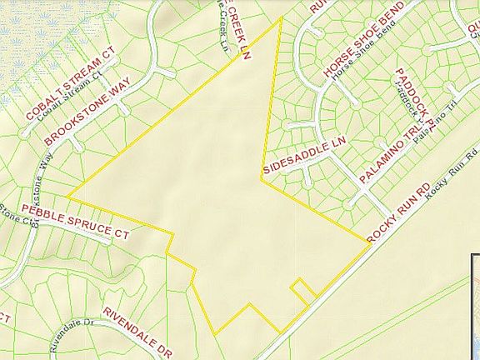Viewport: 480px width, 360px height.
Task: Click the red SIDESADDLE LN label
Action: pos(302,156)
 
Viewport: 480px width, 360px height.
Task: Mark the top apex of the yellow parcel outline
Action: pos(281,16)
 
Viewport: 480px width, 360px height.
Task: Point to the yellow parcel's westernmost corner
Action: pos(67,198)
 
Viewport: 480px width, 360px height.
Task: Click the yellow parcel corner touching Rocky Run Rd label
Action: pos(369,243)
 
